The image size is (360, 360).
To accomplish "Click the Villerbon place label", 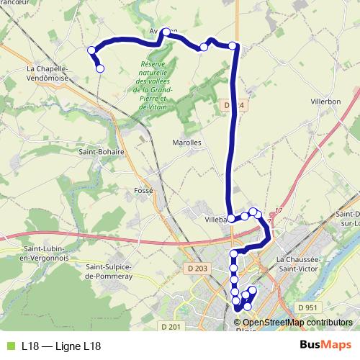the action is pyautogui.click(x=325, y=102).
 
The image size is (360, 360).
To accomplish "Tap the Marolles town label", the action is pyautogui.click(x=187, y=143).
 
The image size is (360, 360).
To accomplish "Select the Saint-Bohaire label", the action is pyautogui.click(x=102, y=152).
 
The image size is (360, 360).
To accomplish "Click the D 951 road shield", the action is pyautogui.click(x=307, y=307).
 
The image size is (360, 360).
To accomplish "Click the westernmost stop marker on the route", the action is pyautogui.click(x=91, y=50).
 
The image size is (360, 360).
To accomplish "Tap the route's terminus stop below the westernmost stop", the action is pyautogui.click(x=100, y=68).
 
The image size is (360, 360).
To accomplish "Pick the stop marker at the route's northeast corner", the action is pyautogui.click(x=233, y=46).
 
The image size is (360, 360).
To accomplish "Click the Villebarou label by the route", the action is pyautogui.click(x=216, y=219).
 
